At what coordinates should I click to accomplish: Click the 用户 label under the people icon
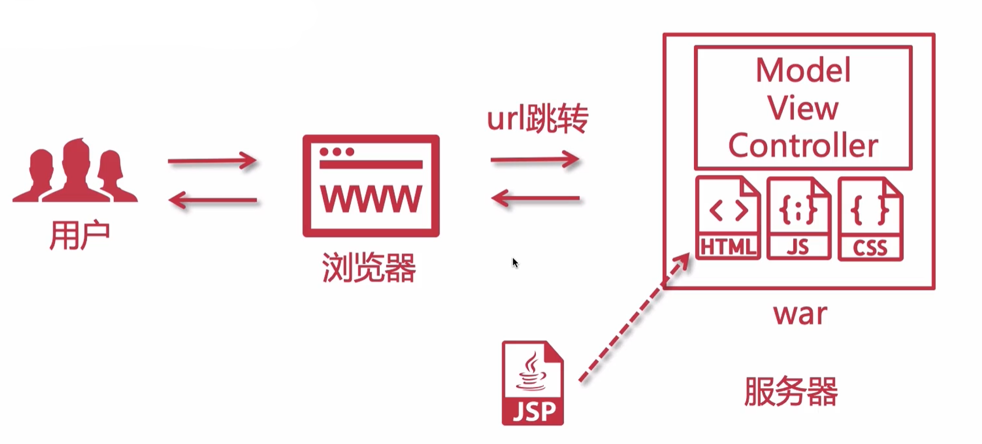tap(80, 235)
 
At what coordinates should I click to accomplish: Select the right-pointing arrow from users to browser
tap(212, 160)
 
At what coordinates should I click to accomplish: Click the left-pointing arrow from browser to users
tap(212, 200)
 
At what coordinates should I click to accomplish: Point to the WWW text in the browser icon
tap(371, 199)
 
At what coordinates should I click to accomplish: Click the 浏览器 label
tap(369, 268)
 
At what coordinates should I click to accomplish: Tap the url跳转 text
tap(537, 119)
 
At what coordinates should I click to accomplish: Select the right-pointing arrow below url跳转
tap(535, 159)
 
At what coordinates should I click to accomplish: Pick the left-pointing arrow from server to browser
tap(535, 199)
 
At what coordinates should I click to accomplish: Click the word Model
tap(803, 70)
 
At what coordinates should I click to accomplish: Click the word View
tap(803, 108)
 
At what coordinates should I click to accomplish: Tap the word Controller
tap(803, 145)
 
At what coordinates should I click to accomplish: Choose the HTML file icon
tap(728, 218)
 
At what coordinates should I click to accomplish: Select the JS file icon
tap(798, 218)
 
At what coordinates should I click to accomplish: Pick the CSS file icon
tap(870, 218)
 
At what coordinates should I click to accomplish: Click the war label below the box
tap(800, 314)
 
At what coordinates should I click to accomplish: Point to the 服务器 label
tap(791, 391)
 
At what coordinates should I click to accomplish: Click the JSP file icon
tap(533, 383)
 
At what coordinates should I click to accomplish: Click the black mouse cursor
tap(515, 263)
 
